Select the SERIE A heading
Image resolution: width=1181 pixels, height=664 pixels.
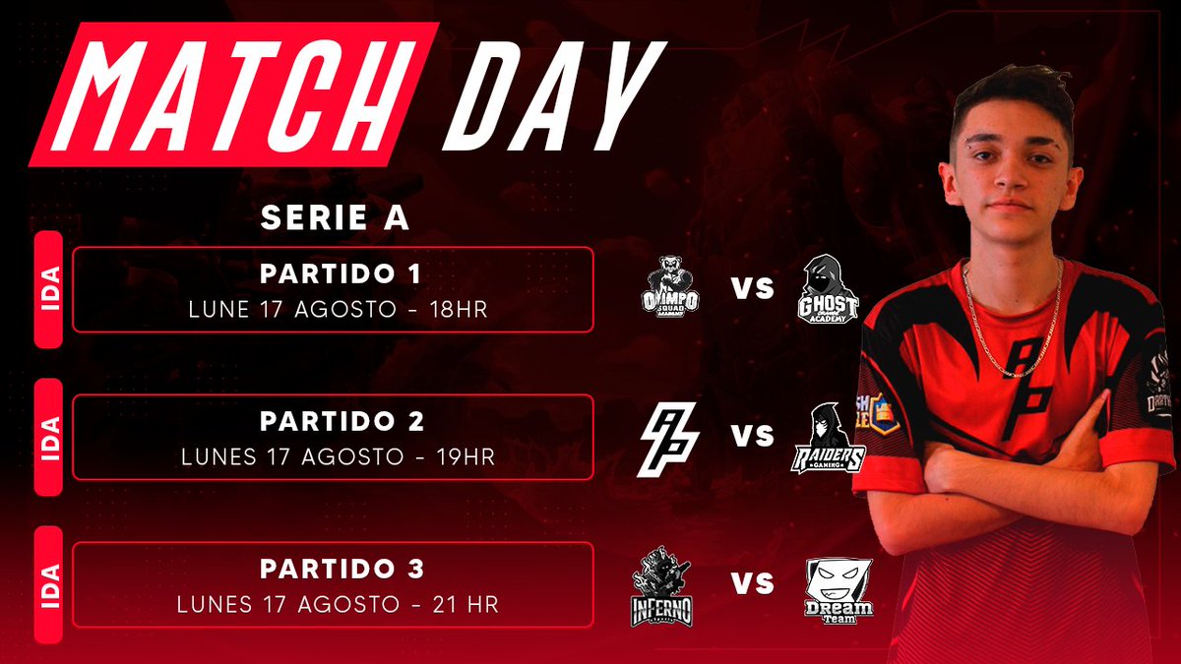[335, 218]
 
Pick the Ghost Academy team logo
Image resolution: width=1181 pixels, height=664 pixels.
[828, 287]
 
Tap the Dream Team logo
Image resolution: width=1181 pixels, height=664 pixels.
[838, 589]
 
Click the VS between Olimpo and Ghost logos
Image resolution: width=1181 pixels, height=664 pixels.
[752, 289]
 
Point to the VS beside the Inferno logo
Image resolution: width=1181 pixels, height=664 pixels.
[752, 584]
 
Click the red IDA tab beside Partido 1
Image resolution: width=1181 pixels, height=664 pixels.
[48, 289]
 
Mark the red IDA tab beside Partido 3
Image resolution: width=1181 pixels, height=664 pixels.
[48, 584]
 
